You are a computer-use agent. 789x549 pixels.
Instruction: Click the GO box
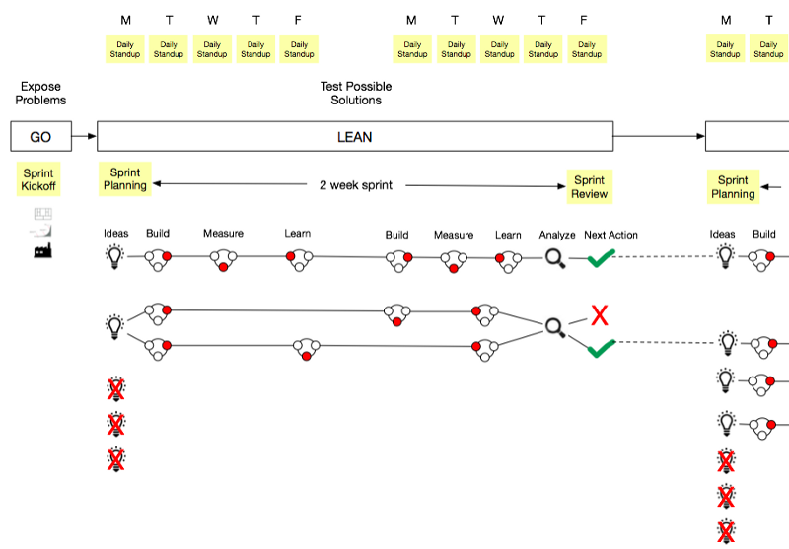point(40,137)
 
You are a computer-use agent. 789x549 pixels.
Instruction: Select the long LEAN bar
point(355,137)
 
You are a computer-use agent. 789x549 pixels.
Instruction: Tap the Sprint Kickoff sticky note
point(39,179)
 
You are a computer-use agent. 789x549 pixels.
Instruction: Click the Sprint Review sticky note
point(589,186)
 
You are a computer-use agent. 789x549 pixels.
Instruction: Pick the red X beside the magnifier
point(599,315)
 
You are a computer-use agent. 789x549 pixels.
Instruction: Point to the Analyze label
point(557,235)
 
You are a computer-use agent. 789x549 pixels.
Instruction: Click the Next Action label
point(610,235)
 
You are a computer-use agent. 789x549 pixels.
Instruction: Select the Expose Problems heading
point(42,94)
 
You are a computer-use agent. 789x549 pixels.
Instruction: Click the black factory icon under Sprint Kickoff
point(41,250)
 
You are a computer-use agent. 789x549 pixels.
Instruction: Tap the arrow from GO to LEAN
point(85,137)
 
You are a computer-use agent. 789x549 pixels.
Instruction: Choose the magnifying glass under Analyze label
point(555,259)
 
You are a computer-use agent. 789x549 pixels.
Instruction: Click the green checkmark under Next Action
point(602,258)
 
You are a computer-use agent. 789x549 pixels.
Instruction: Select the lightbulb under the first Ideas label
point(115,258)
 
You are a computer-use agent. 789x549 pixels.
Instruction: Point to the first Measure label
point(223,234)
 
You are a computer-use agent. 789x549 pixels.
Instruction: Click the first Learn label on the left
point(298,234)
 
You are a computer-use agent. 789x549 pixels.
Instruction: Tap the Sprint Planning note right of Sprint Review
point(732,186)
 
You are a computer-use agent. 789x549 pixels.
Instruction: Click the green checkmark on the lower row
point(602,347)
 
